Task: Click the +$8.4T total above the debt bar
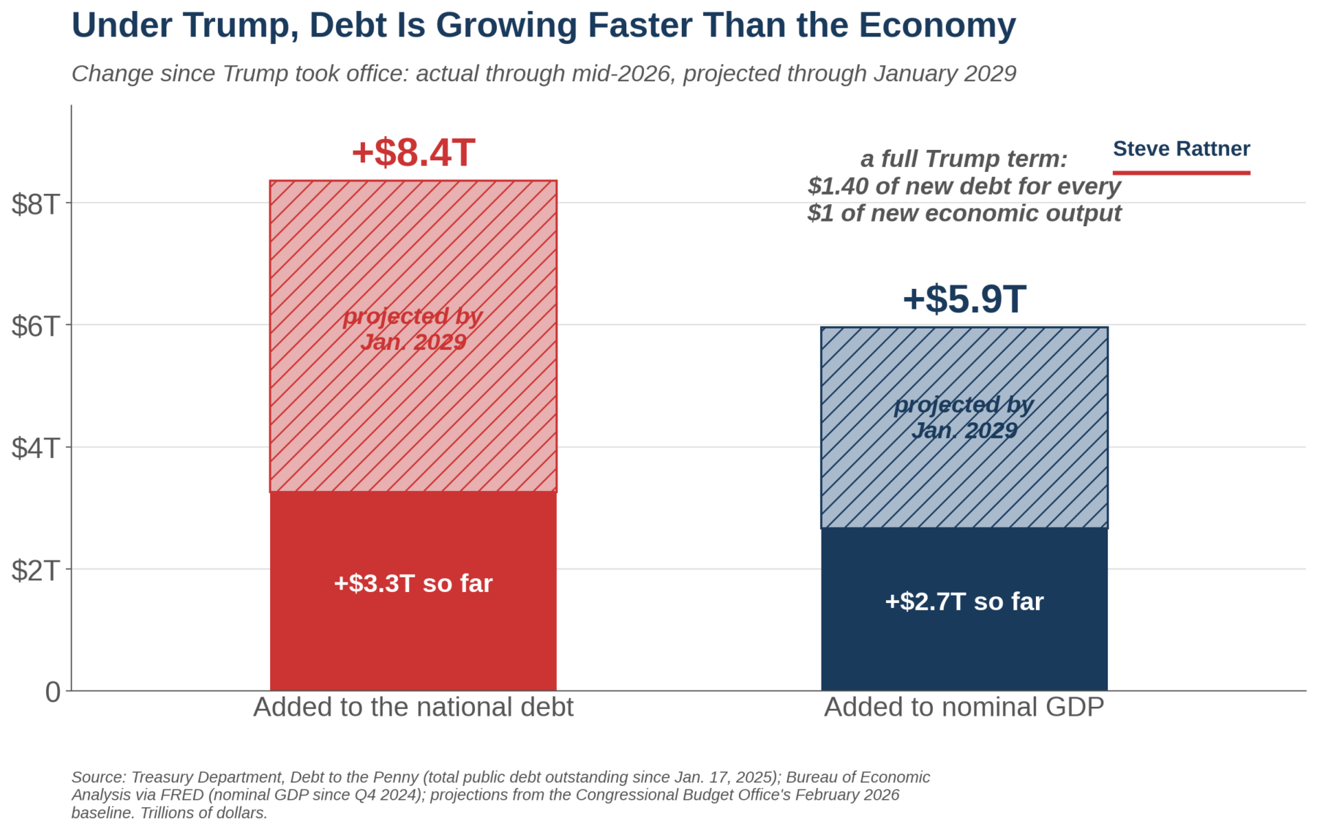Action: (413, 153)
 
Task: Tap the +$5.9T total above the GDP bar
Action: (964, 299)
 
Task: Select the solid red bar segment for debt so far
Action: (413, 591)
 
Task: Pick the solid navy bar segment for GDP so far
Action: (964, 610)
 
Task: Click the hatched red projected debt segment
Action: (413, 336)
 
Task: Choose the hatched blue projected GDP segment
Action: (964, 427)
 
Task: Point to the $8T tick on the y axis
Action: (35, 203)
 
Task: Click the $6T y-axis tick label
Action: (35, 326)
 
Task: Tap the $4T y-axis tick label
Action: (35, 448)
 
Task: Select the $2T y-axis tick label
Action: (35, 570)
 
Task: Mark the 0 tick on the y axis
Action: (53, 692)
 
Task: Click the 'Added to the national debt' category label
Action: (413, 707)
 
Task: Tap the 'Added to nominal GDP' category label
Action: (964, 707)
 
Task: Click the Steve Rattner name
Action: (1182, 149)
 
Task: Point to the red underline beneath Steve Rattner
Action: (1182, 173)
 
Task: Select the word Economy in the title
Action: (937, 26)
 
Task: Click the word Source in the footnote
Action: (99, 777)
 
